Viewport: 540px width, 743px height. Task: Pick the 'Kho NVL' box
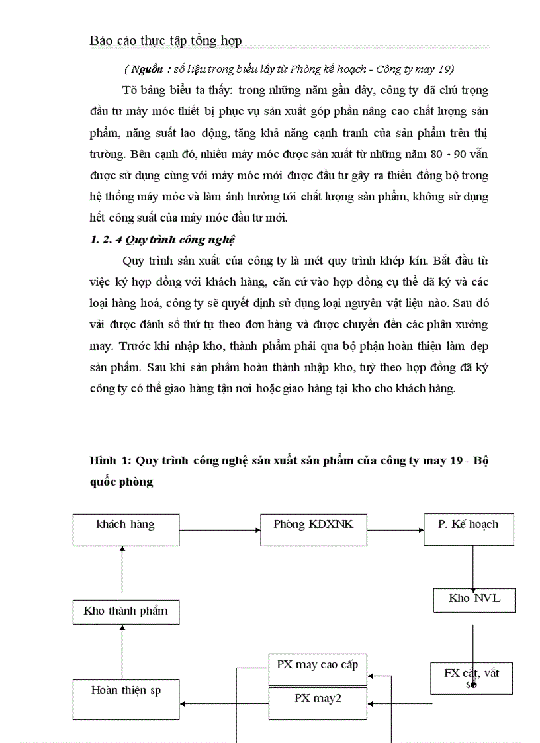[x=474, y=600]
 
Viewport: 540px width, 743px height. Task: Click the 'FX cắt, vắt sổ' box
[x=471, y=678]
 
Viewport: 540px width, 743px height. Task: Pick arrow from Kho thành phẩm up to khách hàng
[x=122, y=569]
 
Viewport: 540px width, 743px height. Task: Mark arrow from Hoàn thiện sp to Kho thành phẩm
[x=122, y=652]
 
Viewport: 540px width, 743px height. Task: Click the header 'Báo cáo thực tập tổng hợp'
[x=165, y=41]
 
